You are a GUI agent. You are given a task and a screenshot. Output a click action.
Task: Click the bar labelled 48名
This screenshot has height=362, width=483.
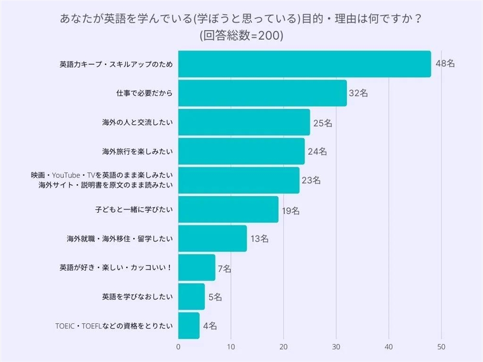304,64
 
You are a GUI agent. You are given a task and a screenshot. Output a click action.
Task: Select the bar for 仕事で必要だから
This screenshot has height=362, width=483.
262,93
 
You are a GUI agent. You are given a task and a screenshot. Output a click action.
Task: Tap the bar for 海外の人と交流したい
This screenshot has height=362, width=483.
244,122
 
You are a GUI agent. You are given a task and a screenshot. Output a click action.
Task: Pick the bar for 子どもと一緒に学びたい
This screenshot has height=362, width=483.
228,209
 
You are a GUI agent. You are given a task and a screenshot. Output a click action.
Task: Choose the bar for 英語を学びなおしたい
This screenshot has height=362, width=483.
191,297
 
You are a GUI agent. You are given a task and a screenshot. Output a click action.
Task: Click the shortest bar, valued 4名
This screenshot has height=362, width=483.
189,326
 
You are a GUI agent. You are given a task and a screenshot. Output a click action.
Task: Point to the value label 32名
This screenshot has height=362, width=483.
358,94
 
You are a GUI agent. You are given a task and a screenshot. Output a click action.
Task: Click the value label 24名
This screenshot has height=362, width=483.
317,152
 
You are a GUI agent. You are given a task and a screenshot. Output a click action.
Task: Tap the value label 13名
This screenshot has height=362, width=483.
259,239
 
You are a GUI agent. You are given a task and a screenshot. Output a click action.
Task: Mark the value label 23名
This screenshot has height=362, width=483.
311,181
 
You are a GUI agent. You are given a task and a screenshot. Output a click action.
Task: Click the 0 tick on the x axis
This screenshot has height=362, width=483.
178,347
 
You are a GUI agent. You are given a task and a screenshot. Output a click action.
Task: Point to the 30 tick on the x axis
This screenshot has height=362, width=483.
336,347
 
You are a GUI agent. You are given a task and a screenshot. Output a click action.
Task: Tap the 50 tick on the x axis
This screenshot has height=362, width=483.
441,347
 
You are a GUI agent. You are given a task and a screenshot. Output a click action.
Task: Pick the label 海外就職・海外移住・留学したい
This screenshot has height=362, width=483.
120,239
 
